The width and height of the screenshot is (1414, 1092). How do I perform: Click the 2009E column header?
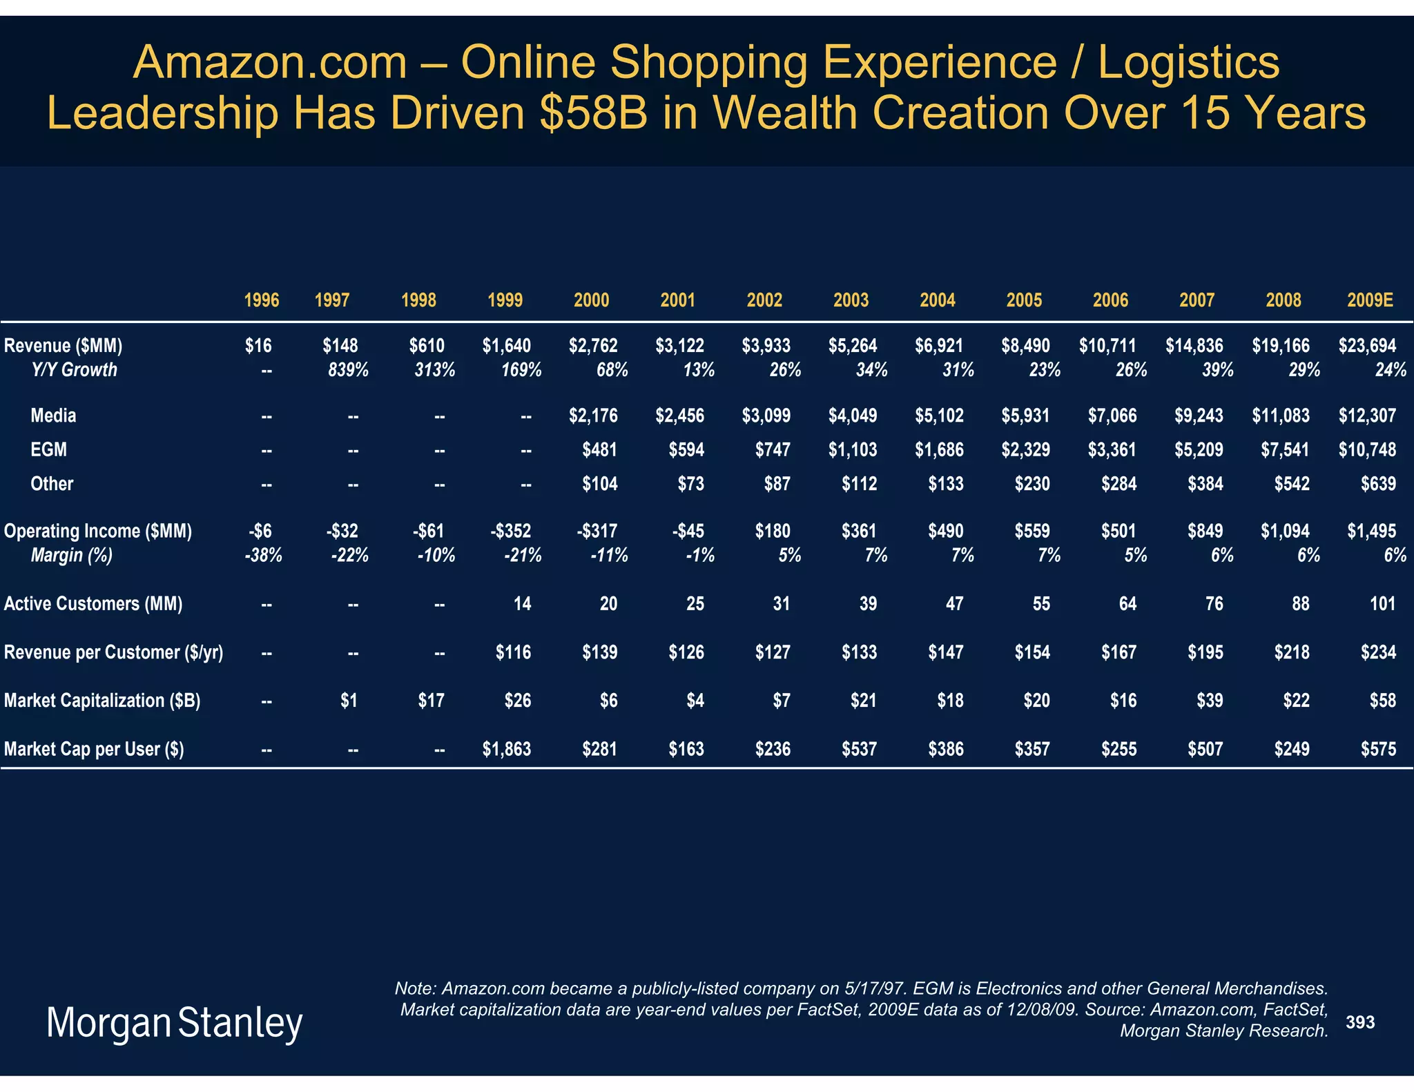[1370, 300]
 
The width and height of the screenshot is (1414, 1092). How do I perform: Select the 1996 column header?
[262, 300]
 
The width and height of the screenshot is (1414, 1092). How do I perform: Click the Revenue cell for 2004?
[939, 345]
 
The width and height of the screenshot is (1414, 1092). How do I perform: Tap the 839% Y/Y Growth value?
[348, 370]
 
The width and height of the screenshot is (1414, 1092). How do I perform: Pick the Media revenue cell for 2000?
[593, 416]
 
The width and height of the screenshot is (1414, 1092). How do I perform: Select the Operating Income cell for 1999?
[511, 531]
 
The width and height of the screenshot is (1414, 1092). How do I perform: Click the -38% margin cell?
[264, 555]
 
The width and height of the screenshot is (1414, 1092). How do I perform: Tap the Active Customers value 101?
[1382, 604]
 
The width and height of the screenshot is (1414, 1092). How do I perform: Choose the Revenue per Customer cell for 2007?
[1205, 652]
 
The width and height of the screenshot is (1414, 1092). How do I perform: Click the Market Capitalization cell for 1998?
[431, 701]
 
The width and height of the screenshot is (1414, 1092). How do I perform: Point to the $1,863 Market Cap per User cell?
[507, 749]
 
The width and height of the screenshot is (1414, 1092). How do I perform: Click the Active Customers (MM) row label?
[93, 604]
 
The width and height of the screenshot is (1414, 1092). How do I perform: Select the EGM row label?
[49, 450]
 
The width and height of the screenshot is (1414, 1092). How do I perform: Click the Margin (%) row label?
[72, 555]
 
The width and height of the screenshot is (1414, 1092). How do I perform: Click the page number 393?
[1360, 1022]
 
